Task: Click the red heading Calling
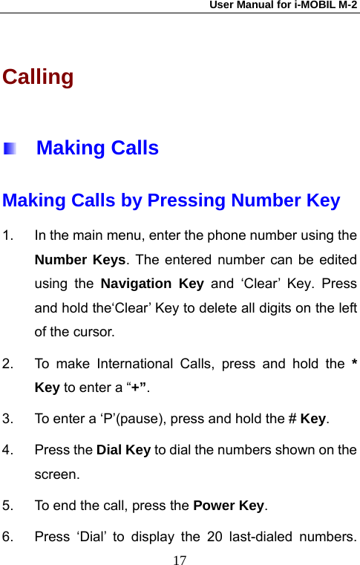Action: coord(38,77)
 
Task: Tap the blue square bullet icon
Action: coord(10,148)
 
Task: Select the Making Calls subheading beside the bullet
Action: coord(97,148)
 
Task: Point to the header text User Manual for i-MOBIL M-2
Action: coord(283,5)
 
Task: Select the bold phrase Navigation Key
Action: coord(152,284)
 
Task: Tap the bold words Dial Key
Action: coord(124,450)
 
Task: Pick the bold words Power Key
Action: coord(229,506)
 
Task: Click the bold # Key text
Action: coord(307,419)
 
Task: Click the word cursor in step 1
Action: coord(95,332)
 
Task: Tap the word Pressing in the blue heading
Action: coord(186,200)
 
